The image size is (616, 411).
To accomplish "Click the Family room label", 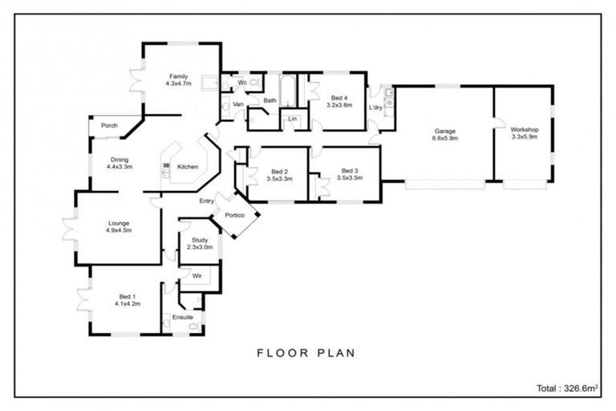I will pyautogui.click(x=178, y=76).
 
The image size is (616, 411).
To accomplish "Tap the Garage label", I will pyautogui.click(x=445, y=130).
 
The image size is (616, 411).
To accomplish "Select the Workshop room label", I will pyautogui.click(x=524, y=130).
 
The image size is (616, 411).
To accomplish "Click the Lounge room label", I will pyautogui.click(x=119, y=223).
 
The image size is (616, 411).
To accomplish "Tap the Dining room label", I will pyautogui.click(x=119, y=159).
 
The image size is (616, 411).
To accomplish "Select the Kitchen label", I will pyautogui.click(x=188, y=167).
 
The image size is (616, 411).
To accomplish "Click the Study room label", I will pyautogui.click(x=200, y=240).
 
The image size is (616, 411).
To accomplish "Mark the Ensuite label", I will pyautogui.click(x=182, y=318).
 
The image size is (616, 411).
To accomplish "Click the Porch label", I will pyautogui.click(x=109, y=125).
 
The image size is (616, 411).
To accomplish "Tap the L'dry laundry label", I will pyautogui.click(x=375, y=108).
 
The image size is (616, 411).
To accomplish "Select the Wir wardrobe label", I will pyautogui.click(x=196, y=275).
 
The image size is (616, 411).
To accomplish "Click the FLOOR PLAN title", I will pyautogui.click(x=306, y=352).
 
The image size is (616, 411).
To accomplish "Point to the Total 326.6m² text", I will pyautogui.click(x=567, y=387).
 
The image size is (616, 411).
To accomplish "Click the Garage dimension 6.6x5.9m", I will pyautogui.click(x=445, y=137).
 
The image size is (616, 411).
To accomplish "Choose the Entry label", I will pyautogui.click(x=206, y=201).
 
